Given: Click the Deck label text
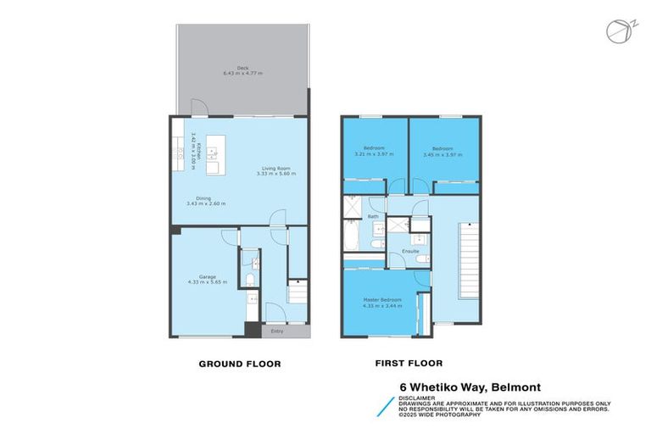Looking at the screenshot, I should pyautogui.click(x=243, y=69).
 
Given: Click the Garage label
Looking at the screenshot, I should pyautogui.click(x=206, y=277).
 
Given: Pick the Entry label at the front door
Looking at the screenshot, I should pyautogui.click(x=276, y=331).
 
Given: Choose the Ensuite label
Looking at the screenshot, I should pyautogui.click(x=410, y=251).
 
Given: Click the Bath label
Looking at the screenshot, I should pyautogui.click(x=373, y=217).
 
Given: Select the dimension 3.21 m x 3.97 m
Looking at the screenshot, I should pyautogui.click(x=374, y=153).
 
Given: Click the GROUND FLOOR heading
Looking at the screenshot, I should pyautogui.click(x=239, y=363).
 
